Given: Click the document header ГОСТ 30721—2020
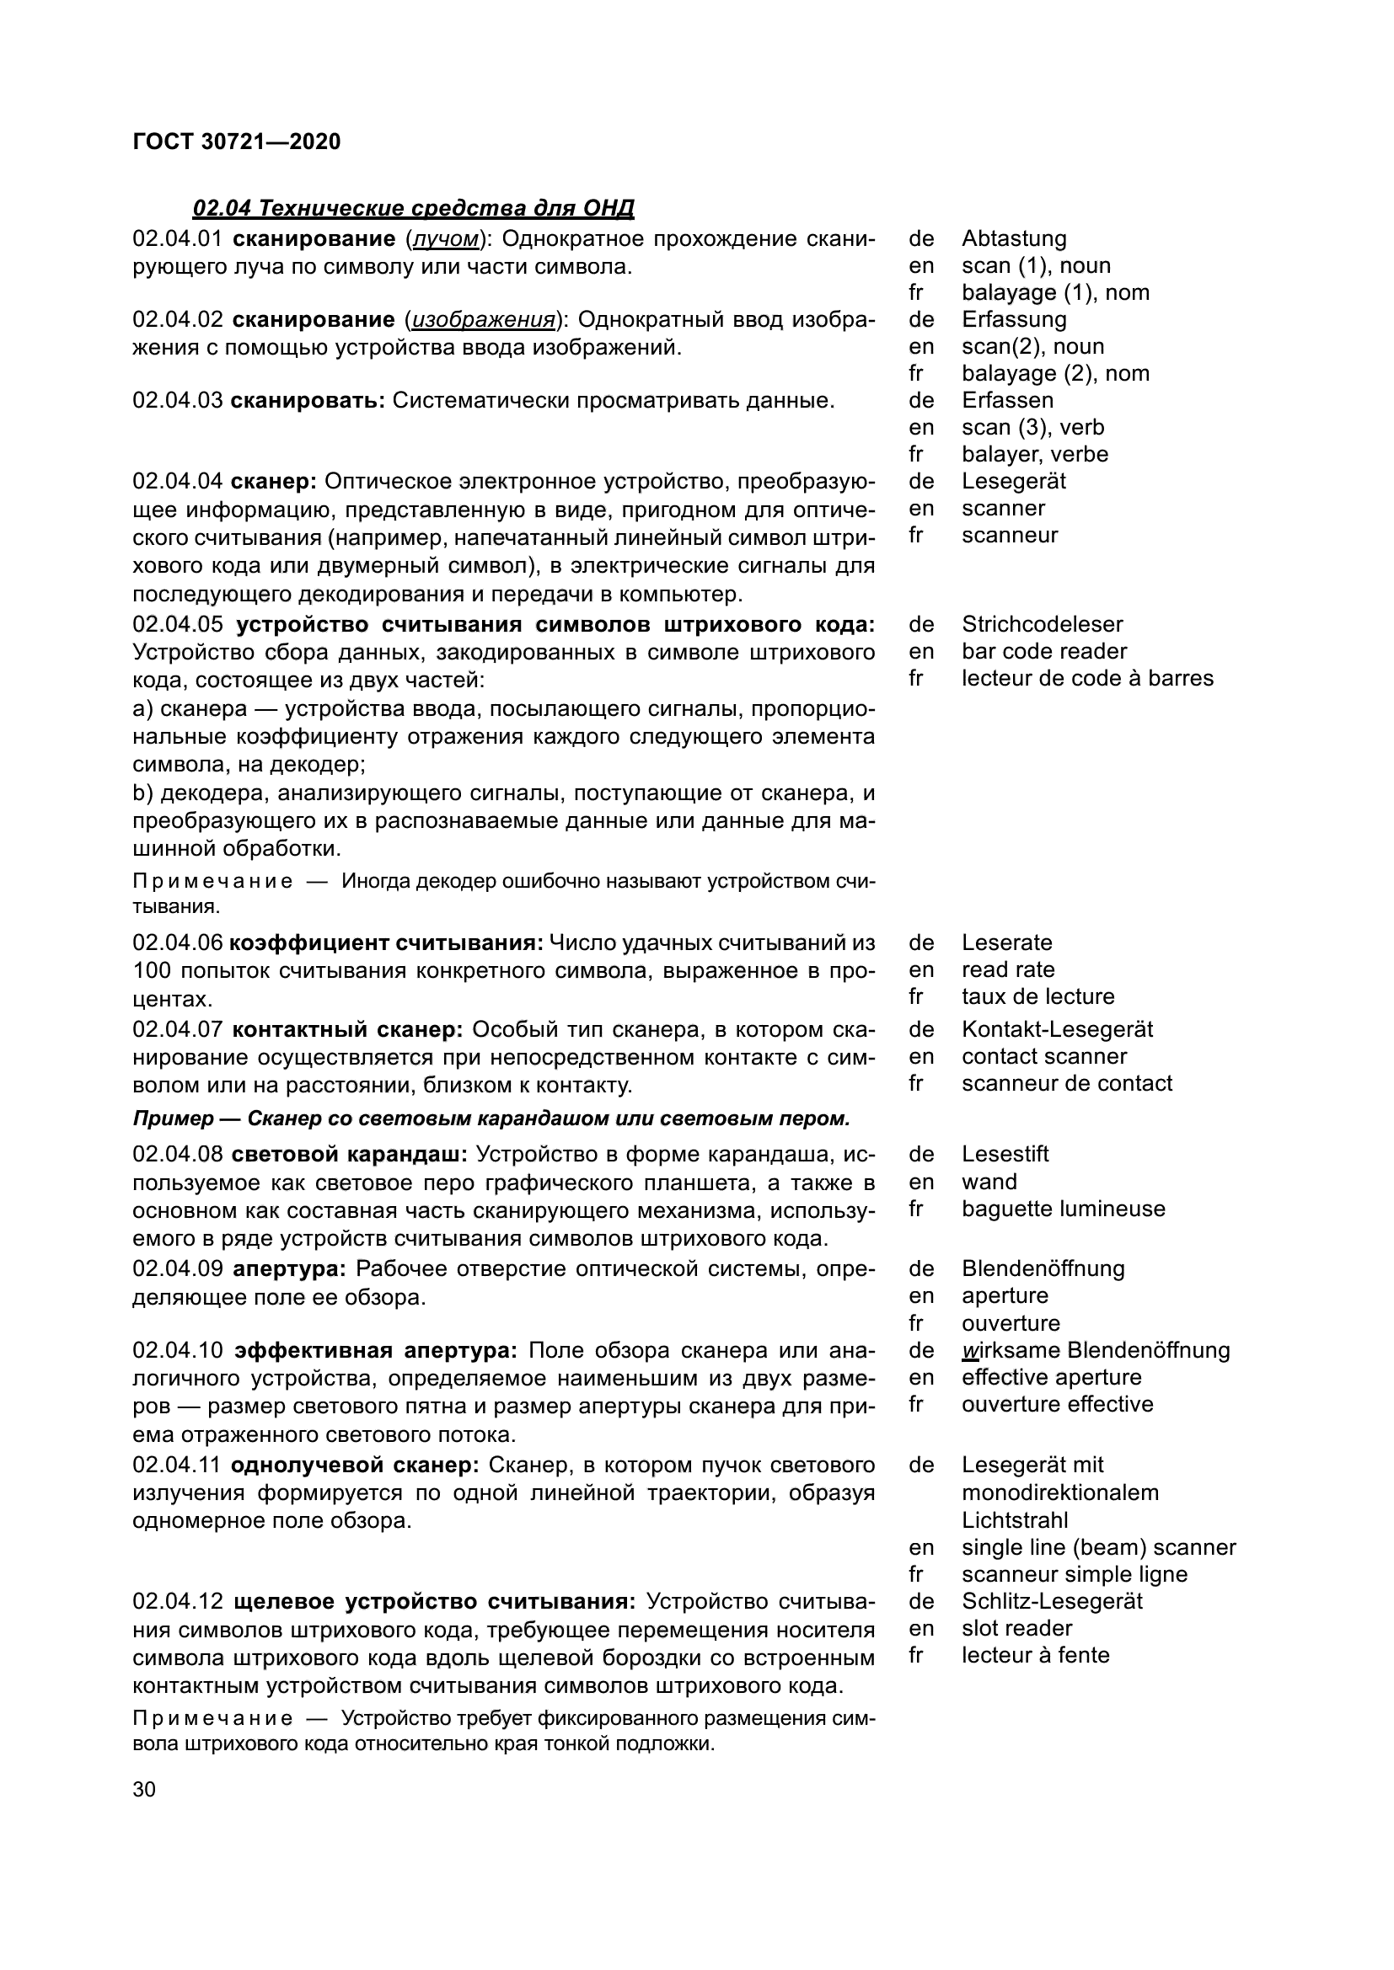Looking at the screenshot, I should [x=237, y=141].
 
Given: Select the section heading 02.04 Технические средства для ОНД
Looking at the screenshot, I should [x=413, y=209].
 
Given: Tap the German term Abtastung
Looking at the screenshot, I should [x=1014, y=238].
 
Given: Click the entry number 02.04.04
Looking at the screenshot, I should [x=178, y=482].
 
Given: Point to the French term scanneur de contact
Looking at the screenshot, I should [x=1066, y=1083].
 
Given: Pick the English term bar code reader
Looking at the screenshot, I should [x=1043, y=651].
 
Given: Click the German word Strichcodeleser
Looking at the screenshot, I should [x=1042, y=624].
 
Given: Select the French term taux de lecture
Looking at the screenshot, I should [x=1037, y=996].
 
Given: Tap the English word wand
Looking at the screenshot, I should [x=989, y=1182].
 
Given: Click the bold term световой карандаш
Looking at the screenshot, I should [x=350, y=1155].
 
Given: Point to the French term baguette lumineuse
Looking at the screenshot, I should [x=1063, y=1209].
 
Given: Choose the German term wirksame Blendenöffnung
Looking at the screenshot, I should [x=1096, y=1350].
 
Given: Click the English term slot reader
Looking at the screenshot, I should [x=1016, y=1629].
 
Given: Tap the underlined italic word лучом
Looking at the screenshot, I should [x=445, y=238].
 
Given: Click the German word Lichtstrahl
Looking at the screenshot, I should [x=1015, y=1520].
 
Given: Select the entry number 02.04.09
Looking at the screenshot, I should [x=178, y=1269].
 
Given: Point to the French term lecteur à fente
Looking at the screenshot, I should [x=1035, y=1655].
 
